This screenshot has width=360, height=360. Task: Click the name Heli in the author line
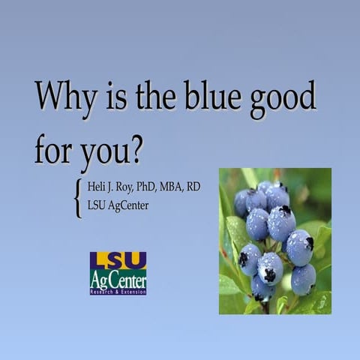pos(99,187)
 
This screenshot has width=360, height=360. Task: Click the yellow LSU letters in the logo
pos(118,260)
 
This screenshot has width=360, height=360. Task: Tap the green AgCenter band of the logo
pos(118,280)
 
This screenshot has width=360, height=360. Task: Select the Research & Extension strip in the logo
pos(118,291)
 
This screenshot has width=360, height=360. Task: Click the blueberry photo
pos(274,240)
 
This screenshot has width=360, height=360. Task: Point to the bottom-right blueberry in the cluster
pos(303,280)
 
